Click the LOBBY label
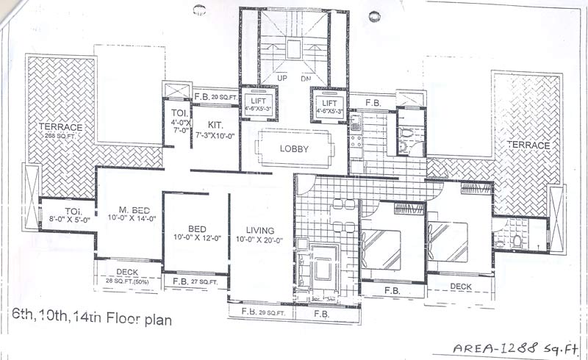pos(294,148)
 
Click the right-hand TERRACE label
pos(528,145)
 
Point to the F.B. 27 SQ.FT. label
pos(195,281)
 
